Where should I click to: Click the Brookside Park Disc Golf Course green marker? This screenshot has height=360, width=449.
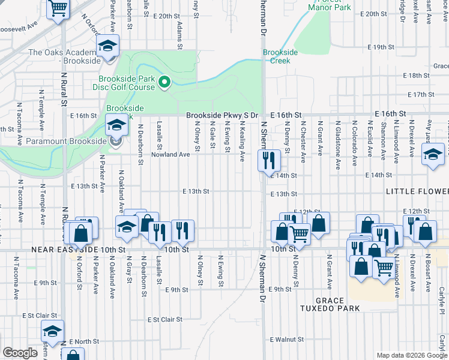164,82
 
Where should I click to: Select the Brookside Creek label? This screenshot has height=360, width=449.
280,56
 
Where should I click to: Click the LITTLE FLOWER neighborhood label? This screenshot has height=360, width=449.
417,191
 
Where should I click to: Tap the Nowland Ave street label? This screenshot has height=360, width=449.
170,154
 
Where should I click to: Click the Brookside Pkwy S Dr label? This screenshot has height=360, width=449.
221,115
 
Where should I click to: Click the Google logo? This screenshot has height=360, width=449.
20,353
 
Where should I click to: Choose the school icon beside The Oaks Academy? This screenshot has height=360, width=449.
108,46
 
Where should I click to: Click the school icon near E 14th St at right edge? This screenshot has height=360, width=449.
432,154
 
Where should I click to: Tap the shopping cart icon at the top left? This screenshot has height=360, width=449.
58,8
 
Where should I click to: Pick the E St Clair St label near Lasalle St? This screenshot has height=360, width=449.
164,320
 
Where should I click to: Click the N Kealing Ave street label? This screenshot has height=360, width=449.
242,143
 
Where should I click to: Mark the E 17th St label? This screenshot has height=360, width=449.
420,95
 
